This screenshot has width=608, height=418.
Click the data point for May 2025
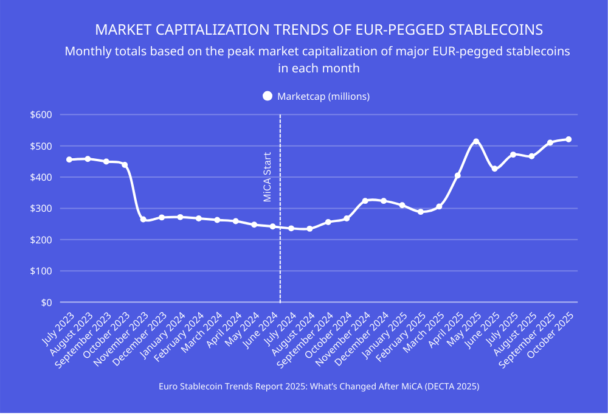pyautogui.click(x=476, y=142)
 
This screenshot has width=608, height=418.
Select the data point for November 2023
pyautogui.click(x=143, y=219)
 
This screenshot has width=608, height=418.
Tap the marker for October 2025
pyautogui.click(x=568, y=139)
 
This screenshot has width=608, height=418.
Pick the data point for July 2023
pyautogui.click(x=69, y=159)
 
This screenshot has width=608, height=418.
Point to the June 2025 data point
pyautogui.click(x=494, y=169)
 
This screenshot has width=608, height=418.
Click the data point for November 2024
pyautogui.click(x=365, y=201)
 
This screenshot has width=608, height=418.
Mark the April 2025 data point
pyautogui.click(x=457, y=175)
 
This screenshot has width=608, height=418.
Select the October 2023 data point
pyautogui.click(x=125, y=165)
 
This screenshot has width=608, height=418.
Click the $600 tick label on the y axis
pyautogui.click(x=42, y=115)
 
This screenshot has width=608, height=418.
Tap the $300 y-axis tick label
pyautogui.click(x=42, y=209)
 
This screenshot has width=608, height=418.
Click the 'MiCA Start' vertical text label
pyautogui.click(x=267, y=176)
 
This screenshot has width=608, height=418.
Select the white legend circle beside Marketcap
pyautogui.click(x=267, y=96)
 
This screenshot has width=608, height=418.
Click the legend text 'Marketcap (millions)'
pyautogui.click(x=323, y=96)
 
